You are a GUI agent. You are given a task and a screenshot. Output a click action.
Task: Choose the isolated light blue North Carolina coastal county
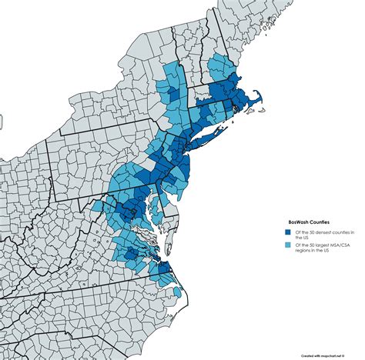coord(178,292)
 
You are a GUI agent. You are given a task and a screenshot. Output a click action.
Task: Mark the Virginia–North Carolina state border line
coord(116,279)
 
